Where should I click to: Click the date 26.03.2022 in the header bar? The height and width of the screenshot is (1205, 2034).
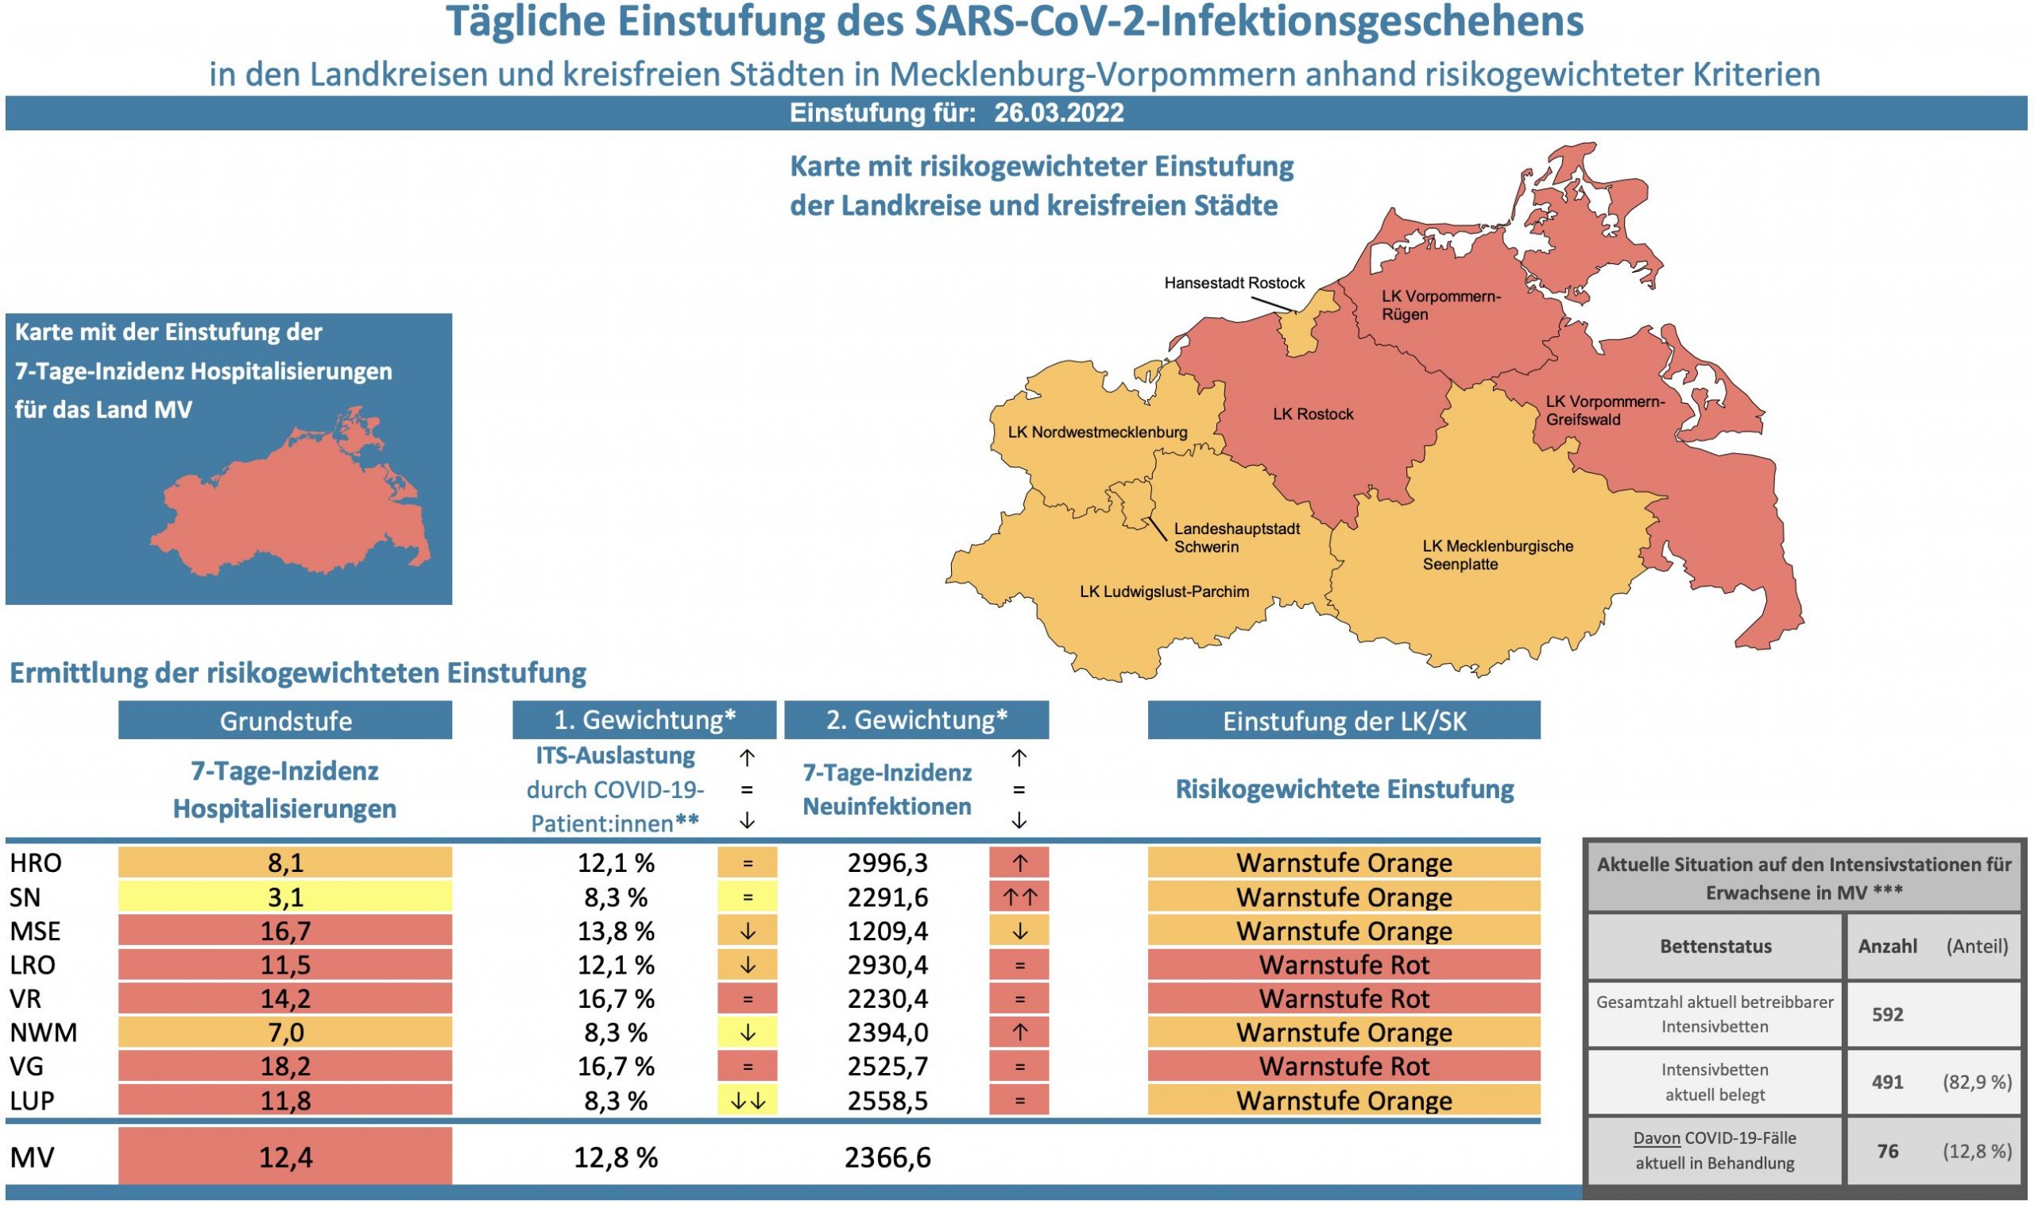(1058, 113)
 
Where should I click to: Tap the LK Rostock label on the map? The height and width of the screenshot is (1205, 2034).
(1313, 414)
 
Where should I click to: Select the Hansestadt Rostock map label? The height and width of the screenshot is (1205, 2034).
(1234, 284)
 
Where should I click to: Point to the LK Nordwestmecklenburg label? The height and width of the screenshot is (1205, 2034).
(1097, 432)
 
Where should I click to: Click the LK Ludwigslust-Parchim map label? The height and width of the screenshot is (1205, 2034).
(1164, 592)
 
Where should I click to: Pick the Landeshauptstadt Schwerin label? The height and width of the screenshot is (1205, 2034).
(1236, 537)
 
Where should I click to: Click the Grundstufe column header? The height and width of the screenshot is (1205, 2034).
(285, 721)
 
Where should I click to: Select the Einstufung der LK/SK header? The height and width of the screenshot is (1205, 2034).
(1344, 721)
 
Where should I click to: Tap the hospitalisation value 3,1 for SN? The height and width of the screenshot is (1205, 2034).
(285, 897)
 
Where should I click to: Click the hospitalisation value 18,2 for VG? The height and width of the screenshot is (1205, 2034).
(285, 1066)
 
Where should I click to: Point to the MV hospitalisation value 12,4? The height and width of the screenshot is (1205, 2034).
(285, 1157)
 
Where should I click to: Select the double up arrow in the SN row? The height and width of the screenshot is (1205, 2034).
(1019, 897)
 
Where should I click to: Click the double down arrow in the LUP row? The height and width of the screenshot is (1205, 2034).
(747, 1101)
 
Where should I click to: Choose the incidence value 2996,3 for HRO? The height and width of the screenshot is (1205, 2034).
(887, 862)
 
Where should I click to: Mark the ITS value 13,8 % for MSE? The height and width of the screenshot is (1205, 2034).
(615, 931)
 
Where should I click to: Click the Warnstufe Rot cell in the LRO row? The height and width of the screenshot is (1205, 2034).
(1344, 965)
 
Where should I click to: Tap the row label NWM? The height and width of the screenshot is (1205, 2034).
(43, 1033)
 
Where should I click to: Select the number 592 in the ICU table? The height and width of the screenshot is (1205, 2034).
(1887, 1014)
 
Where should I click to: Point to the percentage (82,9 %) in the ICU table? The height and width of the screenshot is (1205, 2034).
(1976, 1082)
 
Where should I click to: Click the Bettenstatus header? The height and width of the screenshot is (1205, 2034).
(1715, 946)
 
